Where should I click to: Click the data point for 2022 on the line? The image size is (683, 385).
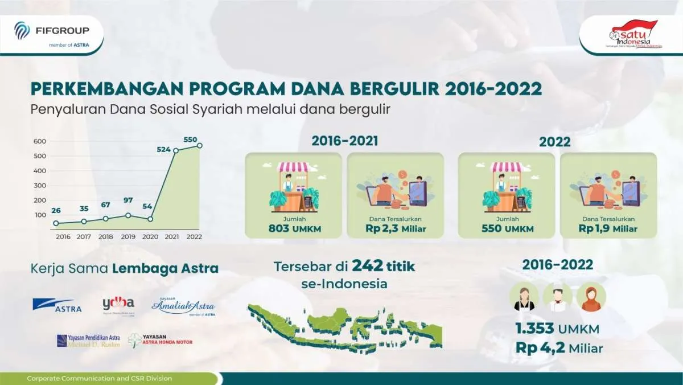tap(200, 145)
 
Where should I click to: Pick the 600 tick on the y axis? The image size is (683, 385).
tap(39, 141)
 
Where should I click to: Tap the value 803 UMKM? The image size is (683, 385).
tap(293, 228)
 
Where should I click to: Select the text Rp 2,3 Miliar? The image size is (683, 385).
tap(395, 228)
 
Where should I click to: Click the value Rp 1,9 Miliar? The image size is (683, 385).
tap(608, 228)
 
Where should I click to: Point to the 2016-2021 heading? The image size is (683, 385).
tap(344, 141)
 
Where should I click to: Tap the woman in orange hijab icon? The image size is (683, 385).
tap(591, 297)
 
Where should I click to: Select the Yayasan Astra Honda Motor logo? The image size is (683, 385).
tap(161, 340)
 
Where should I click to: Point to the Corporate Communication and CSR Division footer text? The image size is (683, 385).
tap(100, 378)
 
